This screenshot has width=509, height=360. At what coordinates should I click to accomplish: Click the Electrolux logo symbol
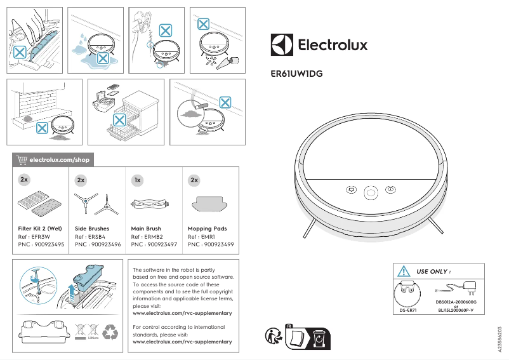click(x=282, y=45)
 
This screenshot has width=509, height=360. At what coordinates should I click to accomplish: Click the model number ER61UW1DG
click(x=296, y=74)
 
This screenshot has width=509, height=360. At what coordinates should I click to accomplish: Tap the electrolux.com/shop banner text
click(x=58, y=159)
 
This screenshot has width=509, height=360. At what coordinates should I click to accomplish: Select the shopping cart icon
click(x=22, y=159)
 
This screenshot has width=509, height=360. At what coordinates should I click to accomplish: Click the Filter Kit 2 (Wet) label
click(x=39, y=229)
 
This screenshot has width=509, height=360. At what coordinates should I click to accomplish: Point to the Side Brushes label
click(x=92, y=229)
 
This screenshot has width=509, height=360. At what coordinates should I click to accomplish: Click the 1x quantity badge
click(x=136, y=180)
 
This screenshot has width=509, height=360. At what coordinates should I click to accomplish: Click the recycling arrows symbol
click(x=110, y=331)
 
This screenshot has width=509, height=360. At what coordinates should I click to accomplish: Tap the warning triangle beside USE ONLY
click(x=403, y=271)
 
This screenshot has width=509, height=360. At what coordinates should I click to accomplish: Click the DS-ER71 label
click(x=407, y=310)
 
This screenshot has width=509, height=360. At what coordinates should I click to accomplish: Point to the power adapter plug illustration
click(x=470, y=286)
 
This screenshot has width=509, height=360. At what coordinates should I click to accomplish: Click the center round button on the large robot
click(x=370, y=190)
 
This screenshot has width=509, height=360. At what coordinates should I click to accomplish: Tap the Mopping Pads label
click(x=207, y=229)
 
